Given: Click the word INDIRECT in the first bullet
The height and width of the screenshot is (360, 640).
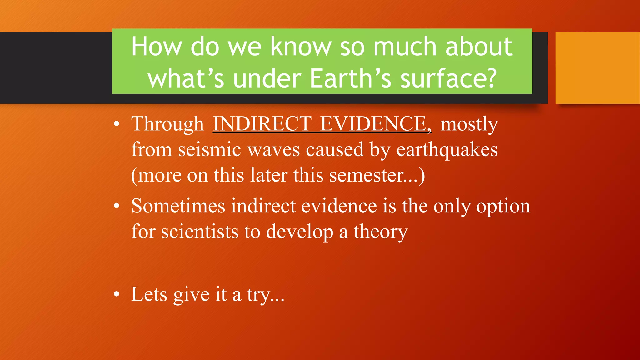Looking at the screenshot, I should point(262,124).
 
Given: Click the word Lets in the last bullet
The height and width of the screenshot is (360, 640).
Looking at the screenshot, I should point(149,294).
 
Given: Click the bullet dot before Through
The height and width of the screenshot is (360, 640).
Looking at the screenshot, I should point(117,124).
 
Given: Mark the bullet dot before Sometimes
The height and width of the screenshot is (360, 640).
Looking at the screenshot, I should point(117,206).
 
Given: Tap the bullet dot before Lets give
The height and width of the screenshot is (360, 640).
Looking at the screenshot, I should point(117,294).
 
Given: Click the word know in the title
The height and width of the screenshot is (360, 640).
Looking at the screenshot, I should point(301,47).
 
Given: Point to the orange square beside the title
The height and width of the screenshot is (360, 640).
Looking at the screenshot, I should point(597,67).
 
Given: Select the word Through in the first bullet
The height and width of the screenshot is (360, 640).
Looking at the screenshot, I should point(167,124).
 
